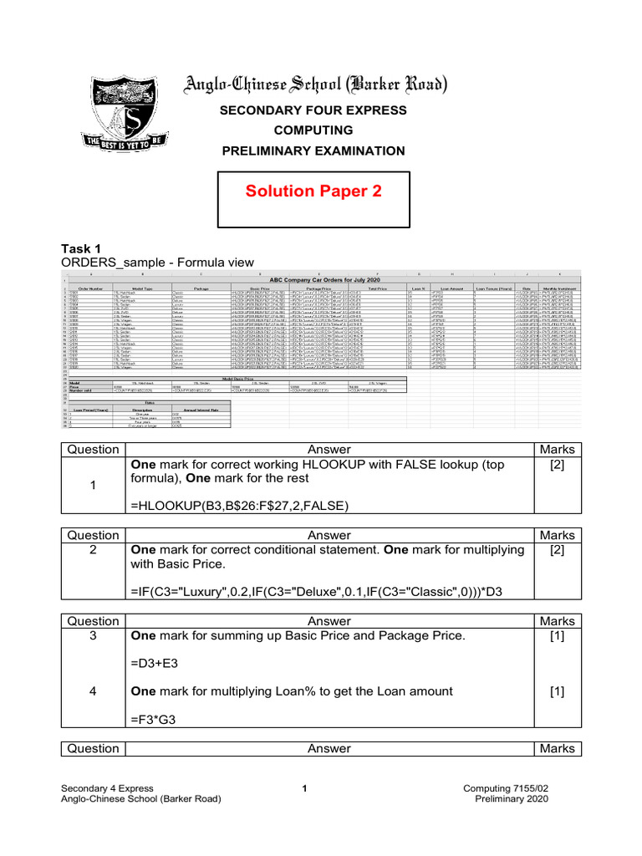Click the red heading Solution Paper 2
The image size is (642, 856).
[313, 191]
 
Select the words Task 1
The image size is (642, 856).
[81, 248]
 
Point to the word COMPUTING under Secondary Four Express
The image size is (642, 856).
[313, 130]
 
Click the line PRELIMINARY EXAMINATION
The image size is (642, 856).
[313, 150]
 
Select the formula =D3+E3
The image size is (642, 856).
[154, 663]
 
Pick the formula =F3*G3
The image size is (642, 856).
[154, 719]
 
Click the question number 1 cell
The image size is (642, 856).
[93, 486]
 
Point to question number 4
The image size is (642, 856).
[93, 691]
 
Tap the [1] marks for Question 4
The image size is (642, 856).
[558, 691]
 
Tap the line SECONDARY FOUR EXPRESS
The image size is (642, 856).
[313, 110]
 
